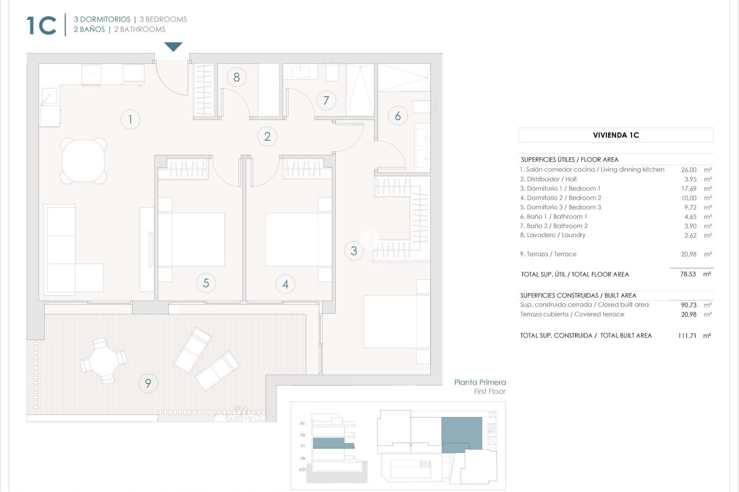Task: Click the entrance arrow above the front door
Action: [173, 47]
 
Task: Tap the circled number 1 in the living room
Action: [130, 120]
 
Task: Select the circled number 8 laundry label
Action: [236, 77]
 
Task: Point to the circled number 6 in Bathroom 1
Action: [398, 116]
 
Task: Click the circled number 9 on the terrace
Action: [148, 383]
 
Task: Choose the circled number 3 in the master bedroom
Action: [354, 251]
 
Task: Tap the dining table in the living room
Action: [84, 161]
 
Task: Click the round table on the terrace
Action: [103, 361]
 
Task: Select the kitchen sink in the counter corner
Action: [49, 96]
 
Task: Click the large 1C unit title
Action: [42, 26]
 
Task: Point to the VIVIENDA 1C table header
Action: [615, 135]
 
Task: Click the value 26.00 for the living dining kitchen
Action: [688, 170]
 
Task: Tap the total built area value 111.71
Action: [687, 336]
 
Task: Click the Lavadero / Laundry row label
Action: [552, 235]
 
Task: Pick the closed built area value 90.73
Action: [688, 305]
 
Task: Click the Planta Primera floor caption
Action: [480, 382]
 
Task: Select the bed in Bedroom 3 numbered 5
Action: [192, 239]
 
